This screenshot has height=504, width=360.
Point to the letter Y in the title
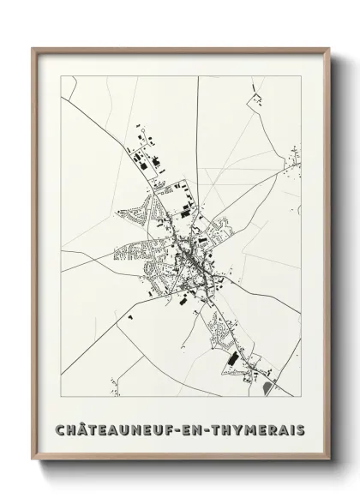233,427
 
